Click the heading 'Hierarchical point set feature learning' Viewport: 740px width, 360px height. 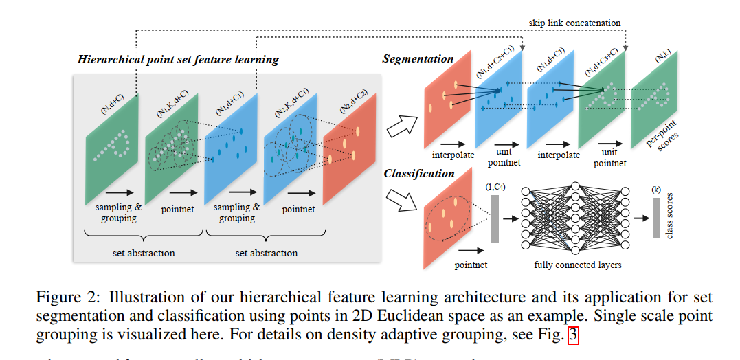pos(178,59)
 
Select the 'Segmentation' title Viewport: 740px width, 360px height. pos(418,59)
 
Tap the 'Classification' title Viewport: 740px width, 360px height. pos(419,174)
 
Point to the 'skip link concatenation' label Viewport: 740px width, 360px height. pos(574,23)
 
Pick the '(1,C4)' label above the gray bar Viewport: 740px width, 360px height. pos(495,187)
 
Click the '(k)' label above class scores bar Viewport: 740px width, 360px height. pos(658,188)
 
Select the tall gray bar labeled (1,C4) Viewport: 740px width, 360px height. pos(495,218)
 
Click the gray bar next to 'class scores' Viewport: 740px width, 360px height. pos(657,218)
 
